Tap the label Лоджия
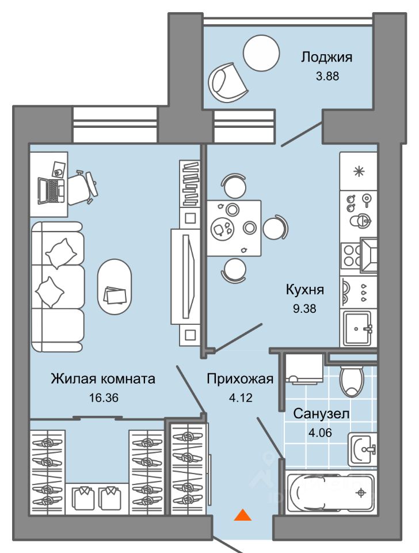coord(326,57)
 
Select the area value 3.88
coord(327,76)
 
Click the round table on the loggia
coord(261,54)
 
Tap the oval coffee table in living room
coord(115,287)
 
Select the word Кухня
coord(305,290)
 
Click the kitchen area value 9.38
coord(305,309)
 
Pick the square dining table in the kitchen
coord(234,228)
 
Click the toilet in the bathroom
coord(351,381)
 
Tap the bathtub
coord(330,493)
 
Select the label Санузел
coord(321,414)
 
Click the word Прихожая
coord(240,379)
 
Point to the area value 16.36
coord(104,398)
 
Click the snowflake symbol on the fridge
coord(359,172)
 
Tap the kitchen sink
coord(357,328)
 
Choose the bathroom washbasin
coord(362,449)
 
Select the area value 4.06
coord(321,433)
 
